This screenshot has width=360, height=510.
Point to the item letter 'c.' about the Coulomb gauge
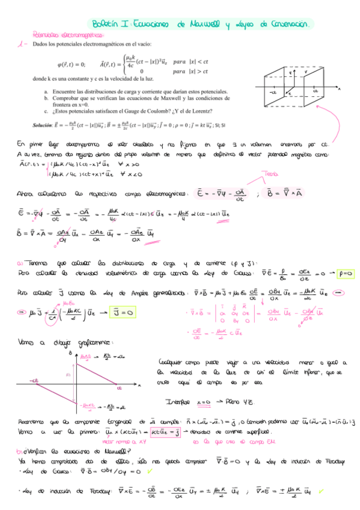tap(46, 110)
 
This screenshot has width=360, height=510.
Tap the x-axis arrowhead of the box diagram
tap(339, 88)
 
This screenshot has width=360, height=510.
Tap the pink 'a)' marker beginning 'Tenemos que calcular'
tap(20, 262)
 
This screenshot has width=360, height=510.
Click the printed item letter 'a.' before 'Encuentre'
tap(46, 91)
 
